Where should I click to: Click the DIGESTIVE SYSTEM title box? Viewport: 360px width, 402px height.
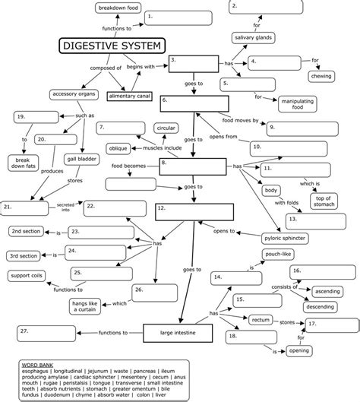[x=111, y=47]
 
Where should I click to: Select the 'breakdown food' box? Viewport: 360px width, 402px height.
[x=116, y=8]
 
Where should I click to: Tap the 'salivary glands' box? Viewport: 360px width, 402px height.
[x=253, y=38]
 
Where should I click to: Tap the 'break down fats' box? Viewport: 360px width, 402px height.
[x=25, y=163]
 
